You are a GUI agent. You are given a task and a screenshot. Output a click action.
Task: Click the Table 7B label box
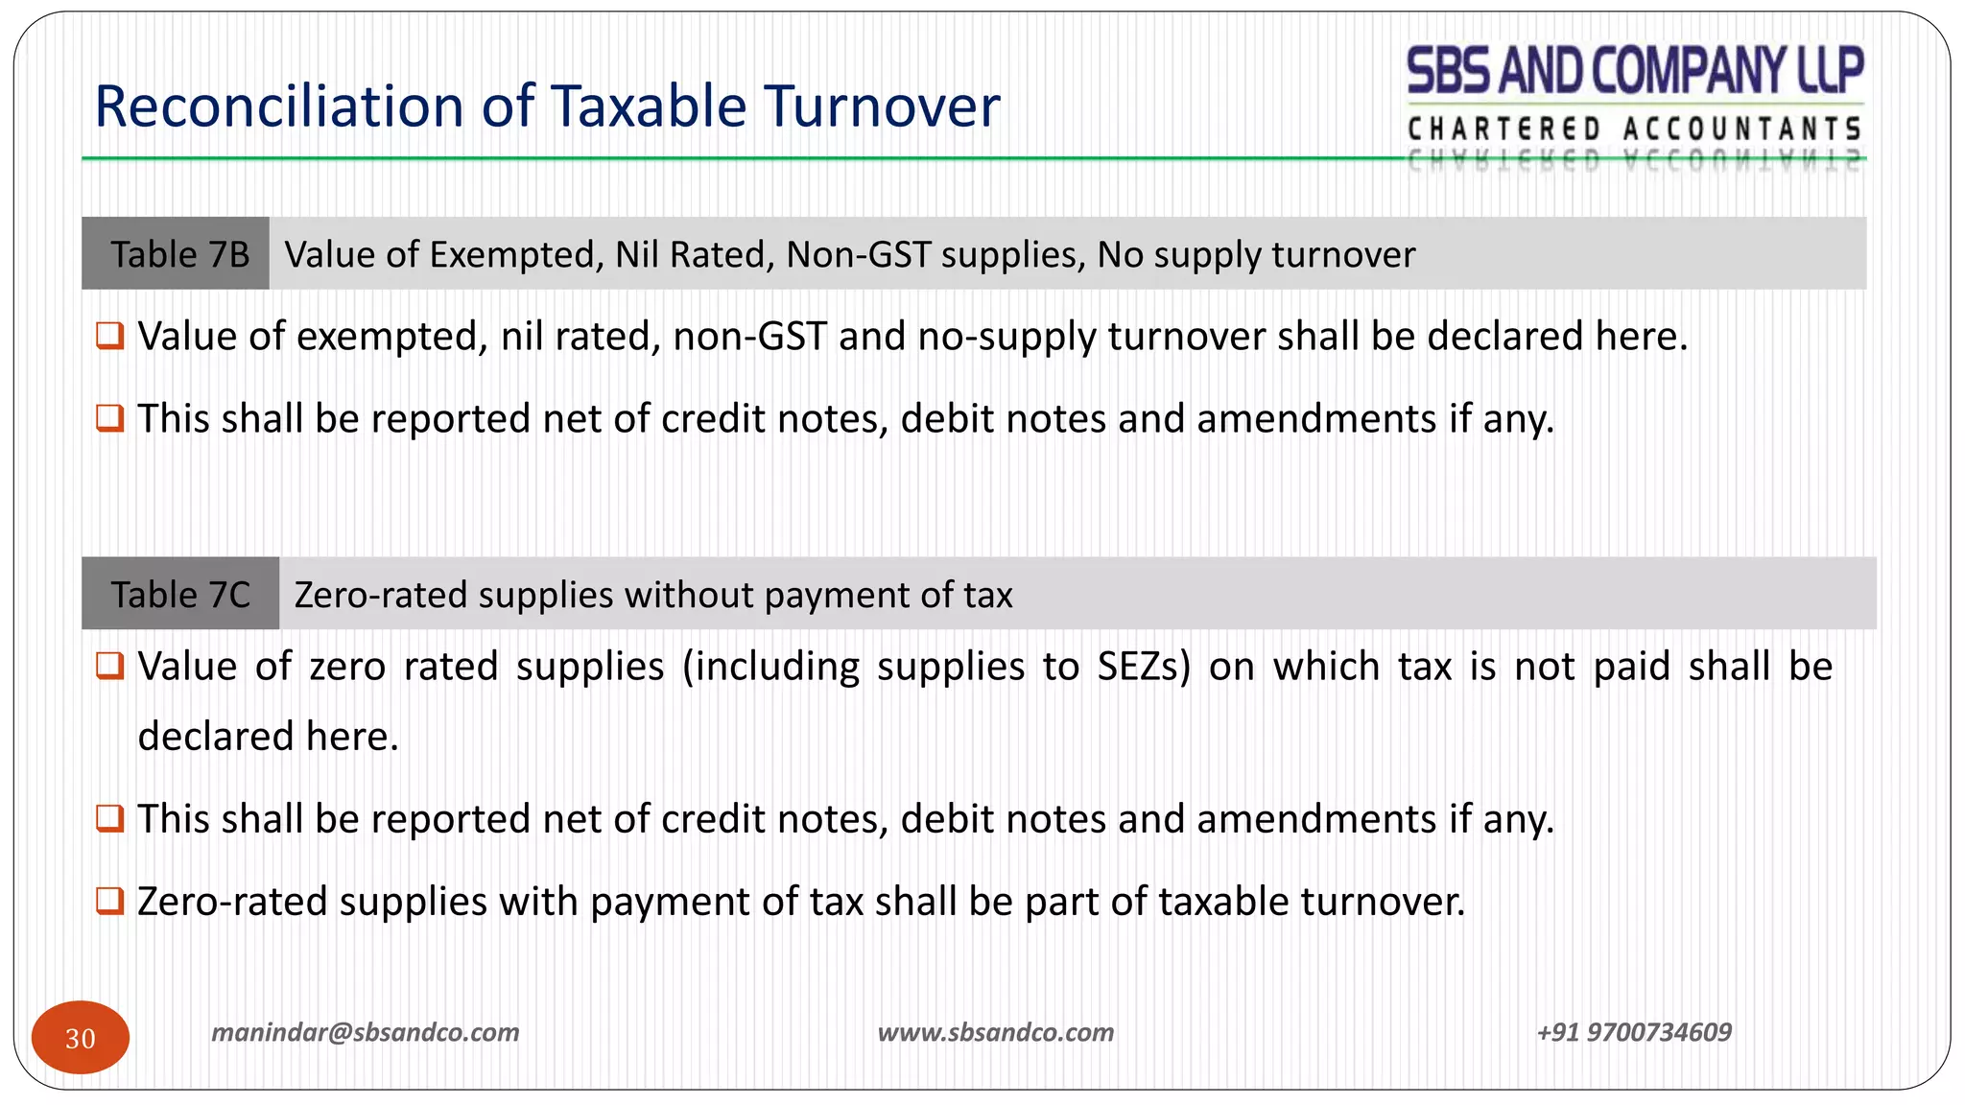click(178, 254)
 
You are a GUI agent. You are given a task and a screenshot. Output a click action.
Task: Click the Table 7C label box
click(180, 595)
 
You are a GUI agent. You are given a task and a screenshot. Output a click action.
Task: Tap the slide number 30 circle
click(81, 1037)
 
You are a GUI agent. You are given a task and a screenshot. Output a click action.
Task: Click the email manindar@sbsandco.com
click(365, 1032)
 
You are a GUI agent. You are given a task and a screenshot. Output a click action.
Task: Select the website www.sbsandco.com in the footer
click(996, 1032)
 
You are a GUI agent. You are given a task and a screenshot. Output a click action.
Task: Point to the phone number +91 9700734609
click(1634, 1032)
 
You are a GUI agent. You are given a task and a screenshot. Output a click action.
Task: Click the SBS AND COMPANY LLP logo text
click(1635, 71)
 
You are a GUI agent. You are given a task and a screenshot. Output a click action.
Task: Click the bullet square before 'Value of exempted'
click(110, 337)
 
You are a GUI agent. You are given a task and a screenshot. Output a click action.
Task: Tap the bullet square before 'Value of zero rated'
click(110, 666)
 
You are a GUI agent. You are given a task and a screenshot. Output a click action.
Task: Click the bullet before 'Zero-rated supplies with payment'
click(110, 901)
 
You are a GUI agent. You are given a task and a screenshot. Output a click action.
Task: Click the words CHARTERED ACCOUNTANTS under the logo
click(1634, 129)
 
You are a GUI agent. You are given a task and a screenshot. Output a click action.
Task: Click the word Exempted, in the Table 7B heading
click(516, 255)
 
